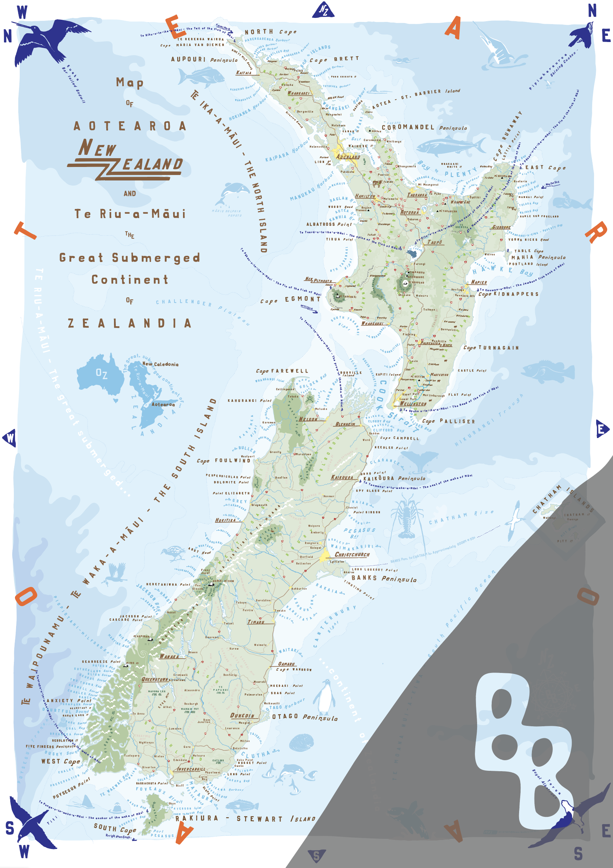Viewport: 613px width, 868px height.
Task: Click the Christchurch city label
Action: pyautogui.click(x=352, y=554)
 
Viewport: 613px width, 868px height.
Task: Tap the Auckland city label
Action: pyautogui.click(x=348, y=156)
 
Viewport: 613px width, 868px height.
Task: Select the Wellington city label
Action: pyautogui.click(x=413, y=404)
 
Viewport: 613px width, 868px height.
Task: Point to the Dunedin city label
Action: pyautogui.click(x=242, y=715)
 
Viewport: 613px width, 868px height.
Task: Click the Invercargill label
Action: pyautogui.click(x=191, y=769)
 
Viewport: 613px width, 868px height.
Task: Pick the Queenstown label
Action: pyautogui.click(x=155, y=679)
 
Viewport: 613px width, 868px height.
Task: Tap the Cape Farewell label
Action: pyautogui.click(x=282, y=371)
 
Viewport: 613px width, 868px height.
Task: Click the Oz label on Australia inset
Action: pyautogui.click(x=101, y=373)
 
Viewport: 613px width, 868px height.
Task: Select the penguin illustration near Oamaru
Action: pyautogui.click(x=324, y=695)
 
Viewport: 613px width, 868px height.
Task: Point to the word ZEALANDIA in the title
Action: pyautogui.click(x=130, y=323)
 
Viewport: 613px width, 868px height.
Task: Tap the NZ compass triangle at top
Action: pyautogui.click(x=323, y=10)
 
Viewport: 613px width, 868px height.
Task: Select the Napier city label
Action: pyautogui.click(x=479, y=282)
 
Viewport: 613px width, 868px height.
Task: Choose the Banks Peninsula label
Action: pyautogui.click(x=384, y=578)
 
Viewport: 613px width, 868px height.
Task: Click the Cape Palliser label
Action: pyautogui.click(x=448, y=421)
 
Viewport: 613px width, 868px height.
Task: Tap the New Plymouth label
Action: pyautogui.click(x=318, y=280)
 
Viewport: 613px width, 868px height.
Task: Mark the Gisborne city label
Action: pyautogui.click(x=501, y=227)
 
